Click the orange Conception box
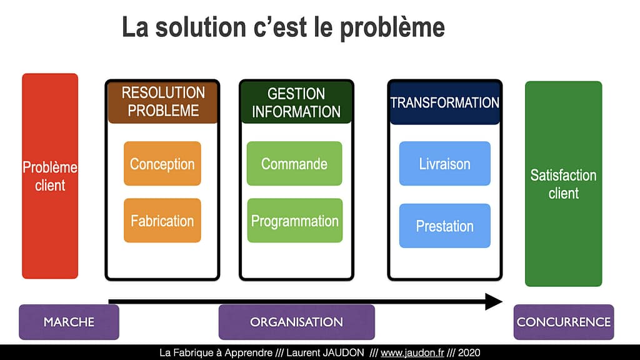point(162,164)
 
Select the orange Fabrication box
point(162,221)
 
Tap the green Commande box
point(294,164)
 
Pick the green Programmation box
point(295,221)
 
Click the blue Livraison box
point(445,164)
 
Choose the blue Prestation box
point(445,226)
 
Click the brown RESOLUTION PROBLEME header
point(163,102)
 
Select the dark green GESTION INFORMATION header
point(296,102)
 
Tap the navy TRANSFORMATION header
point(445,102)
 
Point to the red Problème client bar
point(50,176)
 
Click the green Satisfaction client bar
point(564,184)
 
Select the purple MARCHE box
point(69,322)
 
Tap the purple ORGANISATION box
point(296,322)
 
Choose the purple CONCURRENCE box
point(564,322)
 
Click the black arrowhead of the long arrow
point(494,302)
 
